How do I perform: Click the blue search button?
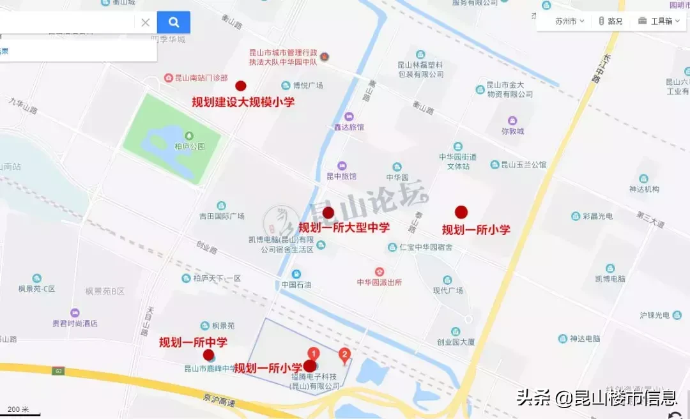[x=174, y=22]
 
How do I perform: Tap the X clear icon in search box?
[x=146, y=22]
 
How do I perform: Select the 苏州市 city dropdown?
[x=569, y=21]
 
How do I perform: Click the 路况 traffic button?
[x=610, y=21]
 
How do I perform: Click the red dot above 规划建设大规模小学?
[x=241, y=86]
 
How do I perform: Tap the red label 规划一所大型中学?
[x=344, y=227]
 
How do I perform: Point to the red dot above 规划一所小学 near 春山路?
[x=461, y=212]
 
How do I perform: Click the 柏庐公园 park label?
[x=189, y=146]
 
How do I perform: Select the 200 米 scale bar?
[x=19, y=409]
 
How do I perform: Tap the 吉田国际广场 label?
[x=222, y=216]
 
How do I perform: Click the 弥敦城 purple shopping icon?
[x=512, y=121]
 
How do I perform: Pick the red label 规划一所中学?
[x=193, y=342]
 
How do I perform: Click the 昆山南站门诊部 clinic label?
[x=201, y=78]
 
